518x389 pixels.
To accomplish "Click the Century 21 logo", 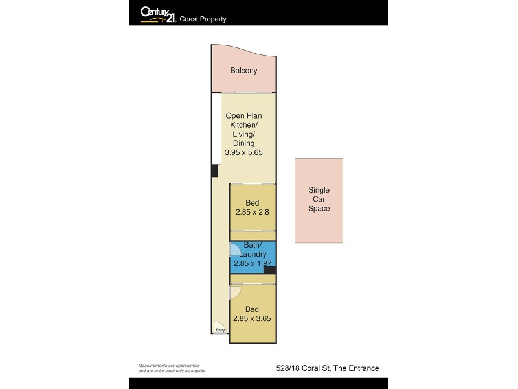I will [x=158, y=14].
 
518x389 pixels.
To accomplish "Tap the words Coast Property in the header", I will [x=204, y=19].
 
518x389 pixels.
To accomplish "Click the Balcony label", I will [x=243, y=71].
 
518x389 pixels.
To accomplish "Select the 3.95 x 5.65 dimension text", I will [x=243, y=152].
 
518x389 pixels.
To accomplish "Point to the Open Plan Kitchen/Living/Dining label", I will [x=243, y=129].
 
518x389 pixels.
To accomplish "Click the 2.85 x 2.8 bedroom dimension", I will [x=253, y=212].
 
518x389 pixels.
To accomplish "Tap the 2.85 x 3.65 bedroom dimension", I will [x=253, y=318].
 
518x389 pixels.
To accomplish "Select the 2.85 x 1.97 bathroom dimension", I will [x=251, y=263].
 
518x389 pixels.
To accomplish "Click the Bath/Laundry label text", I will [x=252, y=250].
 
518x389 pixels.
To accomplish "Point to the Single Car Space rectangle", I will [x=319, y=200].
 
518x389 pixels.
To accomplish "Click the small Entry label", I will [x=221, y=331].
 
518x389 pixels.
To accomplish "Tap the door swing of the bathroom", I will [x=234, y=249].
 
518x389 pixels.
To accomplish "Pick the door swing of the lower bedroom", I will [x=235, y=292].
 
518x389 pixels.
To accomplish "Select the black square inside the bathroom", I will [x=269, y=270].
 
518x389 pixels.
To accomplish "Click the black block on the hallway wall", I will [x=214, y=171].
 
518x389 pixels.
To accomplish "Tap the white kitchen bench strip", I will [x=216, y=128].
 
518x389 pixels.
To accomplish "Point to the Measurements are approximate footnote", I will [x=168, y=368].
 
